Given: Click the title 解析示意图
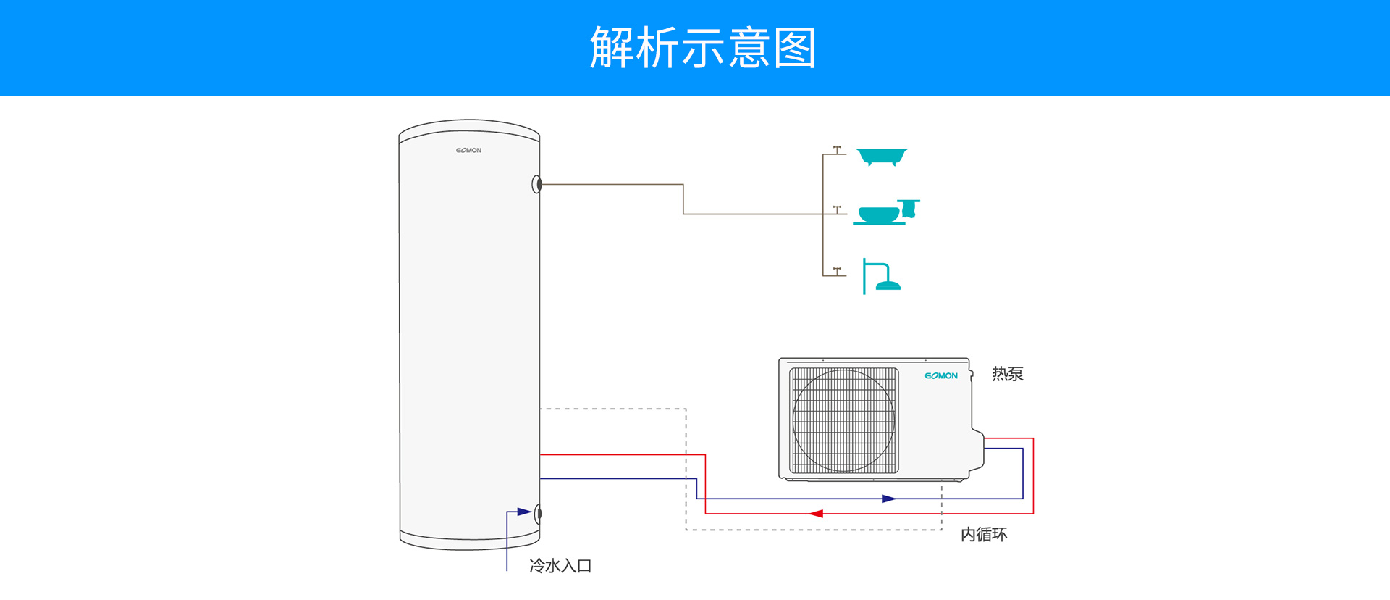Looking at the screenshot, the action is pyautogui.click(x=703, y=48).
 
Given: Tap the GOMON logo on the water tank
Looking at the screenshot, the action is pyautogui.click(x=468, y=151).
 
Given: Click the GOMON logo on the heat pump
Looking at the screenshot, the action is pyautogui.click(x=941, y=375).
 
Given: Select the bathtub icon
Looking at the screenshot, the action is pyautogui.click(x=882, y=157).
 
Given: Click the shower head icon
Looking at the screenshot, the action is pyautogui.click(x=881, y=276).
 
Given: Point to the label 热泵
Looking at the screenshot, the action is pyautogui.click(x=1007, y=374).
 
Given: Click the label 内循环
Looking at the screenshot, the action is pyautogui.click(x=984, y=535).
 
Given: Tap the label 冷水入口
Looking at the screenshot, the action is pyautogui.click(x=560, y=566).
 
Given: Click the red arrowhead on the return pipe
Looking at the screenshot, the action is pyautogui.click(x=817, y=514).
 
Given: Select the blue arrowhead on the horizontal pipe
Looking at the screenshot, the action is pyautogui.click(x=889, y=499).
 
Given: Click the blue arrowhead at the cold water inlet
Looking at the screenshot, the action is pyautogui.click(x=524, y=512).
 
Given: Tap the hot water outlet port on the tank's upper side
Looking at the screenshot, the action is pyautogui.click(x=536, y=185).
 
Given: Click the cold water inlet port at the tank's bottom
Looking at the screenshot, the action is pyautogui.click(x=537, y=514).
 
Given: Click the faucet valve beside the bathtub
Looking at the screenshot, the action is pyautogui.click(x=837, y=150).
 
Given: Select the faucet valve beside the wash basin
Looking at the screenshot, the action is pyautogui.click(x=837, y=209).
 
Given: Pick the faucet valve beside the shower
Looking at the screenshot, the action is pyautogui.click(x=837, y=271).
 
